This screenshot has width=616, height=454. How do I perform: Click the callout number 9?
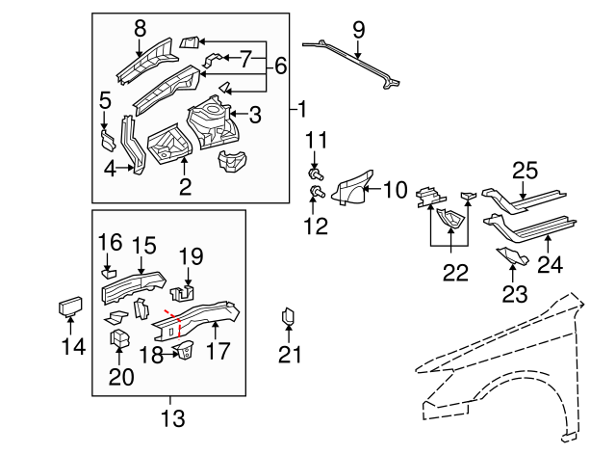point(358,30)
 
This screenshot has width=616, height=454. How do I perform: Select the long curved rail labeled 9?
point(351,62)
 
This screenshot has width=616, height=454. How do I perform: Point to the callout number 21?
point(290,355)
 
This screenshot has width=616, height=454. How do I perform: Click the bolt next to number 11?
point(315,174)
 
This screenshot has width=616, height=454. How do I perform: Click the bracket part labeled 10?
point(352,188)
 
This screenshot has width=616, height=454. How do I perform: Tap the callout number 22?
point(453,273)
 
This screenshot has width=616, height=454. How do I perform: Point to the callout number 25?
point(524,171)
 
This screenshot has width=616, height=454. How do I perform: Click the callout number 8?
point(140,29)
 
